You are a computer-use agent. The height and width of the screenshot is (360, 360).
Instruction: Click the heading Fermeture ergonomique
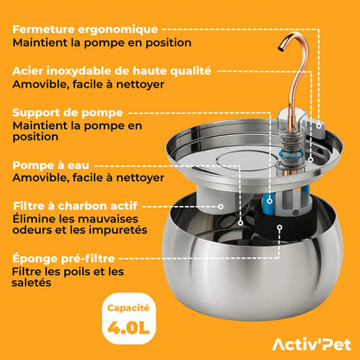tap(84, 29)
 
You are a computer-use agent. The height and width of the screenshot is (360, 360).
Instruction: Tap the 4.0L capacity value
tap(129, 327)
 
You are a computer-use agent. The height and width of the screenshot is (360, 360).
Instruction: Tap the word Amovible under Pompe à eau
tap(38, 177)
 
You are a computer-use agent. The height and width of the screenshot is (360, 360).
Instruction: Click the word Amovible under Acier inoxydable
tap(38, 85)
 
